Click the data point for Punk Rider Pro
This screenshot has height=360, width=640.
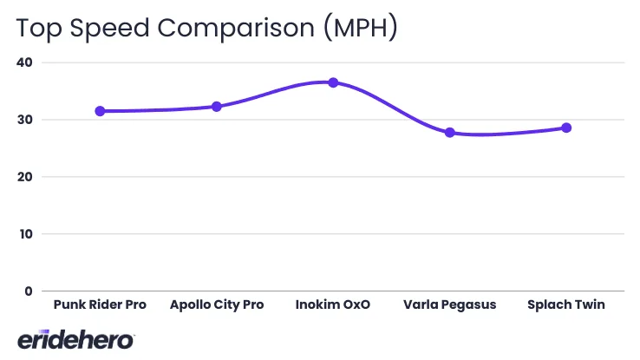click(x=100, y=111)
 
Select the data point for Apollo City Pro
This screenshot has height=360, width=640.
click(x=217, y=107)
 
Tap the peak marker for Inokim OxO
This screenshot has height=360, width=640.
click(x=333, y=82)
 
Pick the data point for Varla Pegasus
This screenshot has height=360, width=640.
click(x=449, y=133)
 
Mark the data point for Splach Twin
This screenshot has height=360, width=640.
click(x=566, y=128)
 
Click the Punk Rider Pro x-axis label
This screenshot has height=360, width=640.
click(x=100, y=305)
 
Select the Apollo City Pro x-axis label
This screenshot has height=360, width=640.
click(x=217, y=305)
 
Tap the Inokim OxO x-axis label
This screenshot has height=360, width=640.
click(x=333, y=305)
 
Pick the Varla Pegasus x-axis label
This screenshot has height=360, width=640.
click(x=449, y=305)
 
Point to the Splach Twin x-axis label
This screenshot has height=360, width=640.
click(x=566, y=305)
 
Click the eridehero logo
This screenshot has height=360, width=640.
click(x=76, y=339)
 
